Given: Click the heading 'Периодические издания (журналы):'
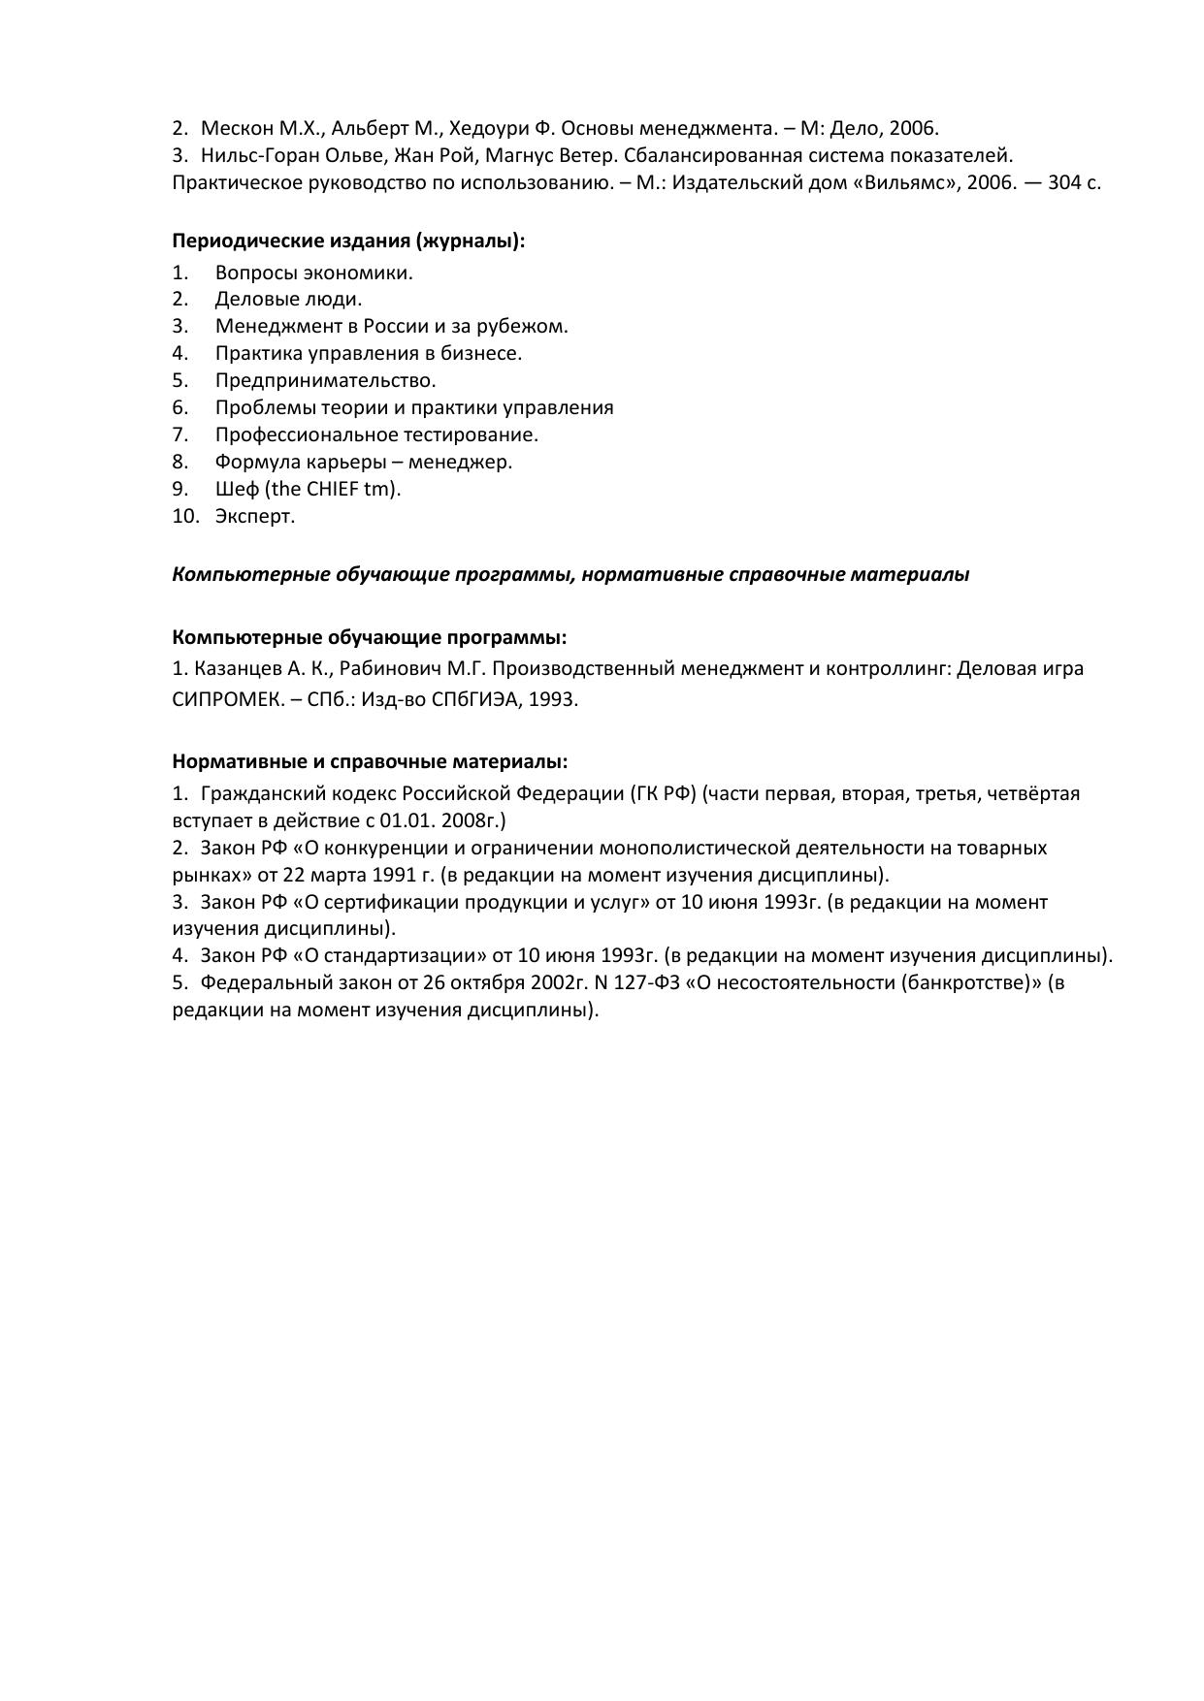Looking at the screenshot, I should click(348, 241).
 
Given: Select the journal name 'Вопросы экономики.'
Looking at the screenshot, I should click(313, 273).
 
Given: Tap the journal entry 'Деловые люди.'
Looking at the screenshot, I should click(288, 300).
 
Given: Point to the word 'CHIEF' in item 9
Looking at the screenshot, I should click(333, 489).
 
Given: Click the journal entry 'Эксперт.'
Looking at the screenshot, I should click(255, 516).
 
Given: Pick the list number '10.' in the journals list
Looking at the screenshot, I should click(185, 516).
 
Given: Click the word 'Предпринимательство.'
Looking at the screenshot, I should click(325, 380).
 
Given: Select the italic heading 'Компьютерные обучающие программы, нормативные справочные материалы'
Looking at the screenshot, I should click(570, 574).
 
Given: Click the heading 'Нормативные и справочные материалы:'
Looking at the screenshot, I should click(370, 761).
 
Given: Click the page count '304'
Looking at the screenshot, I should click(1064, 182).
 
